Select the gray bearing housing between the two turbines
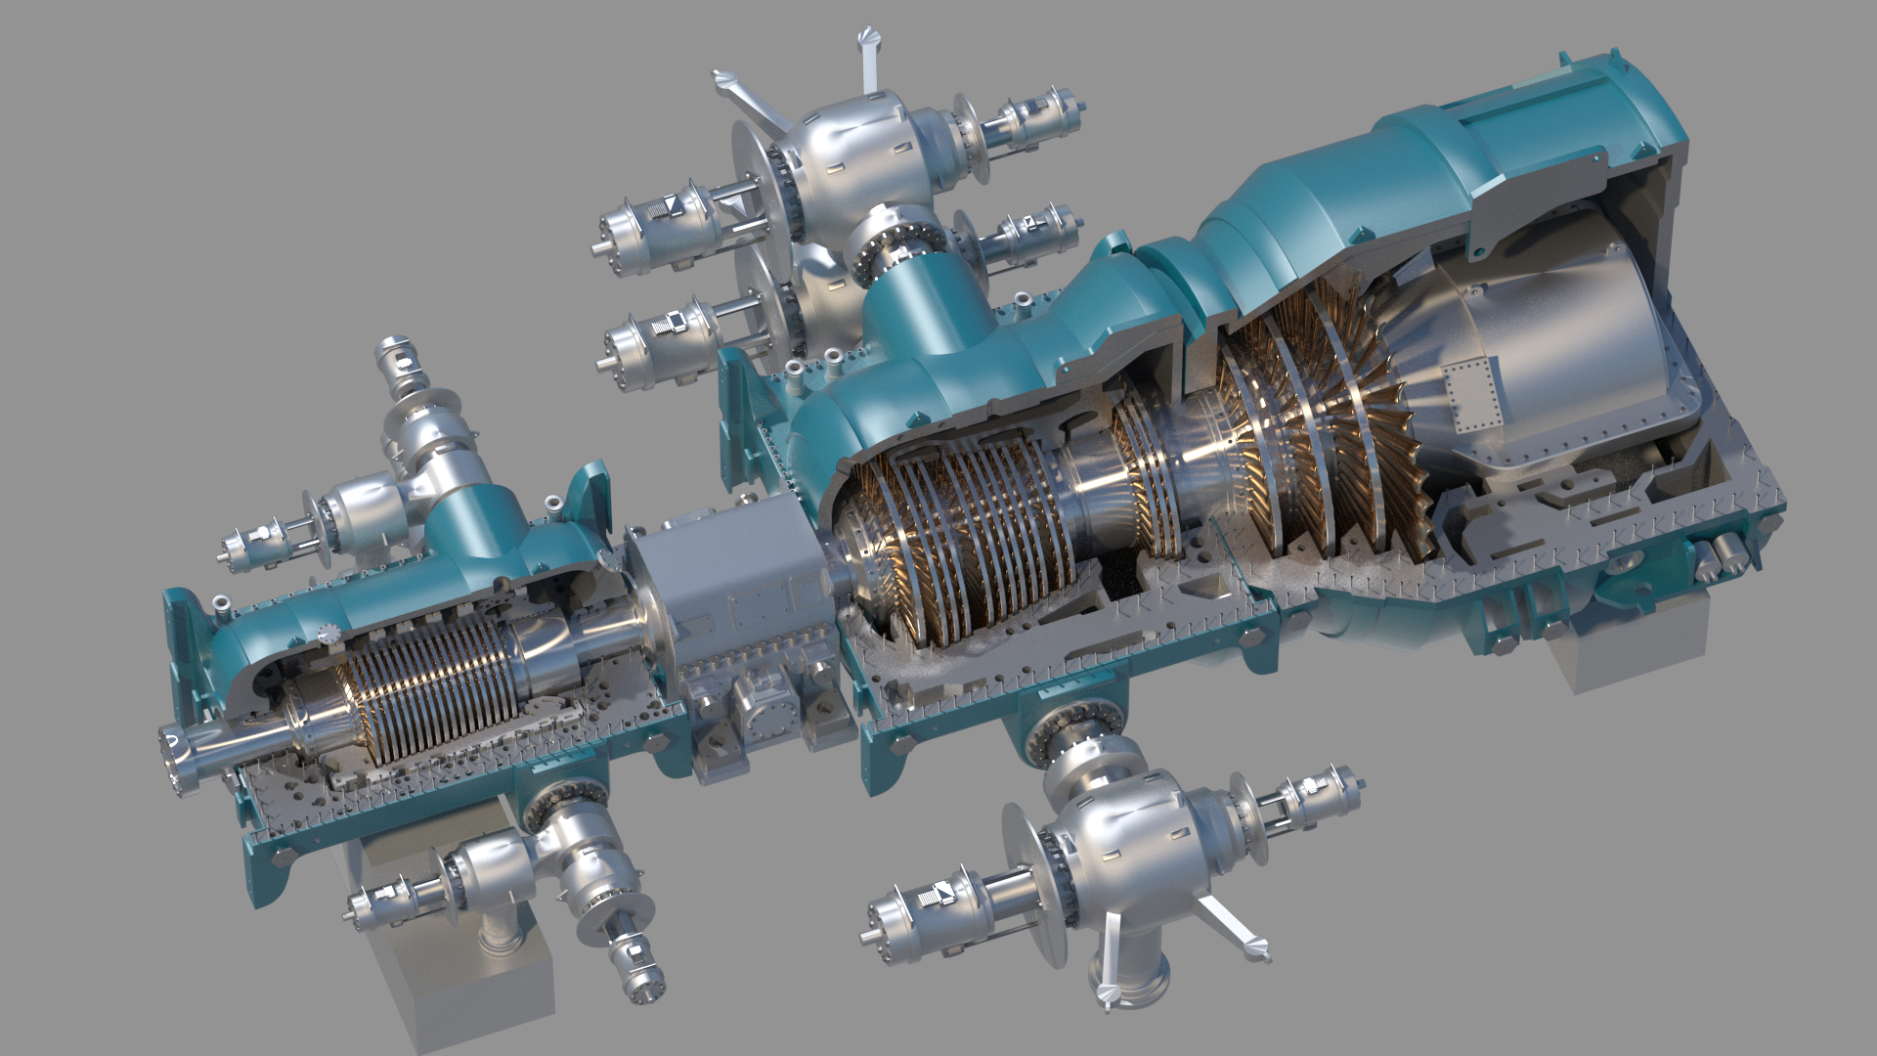pos(728,587)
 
